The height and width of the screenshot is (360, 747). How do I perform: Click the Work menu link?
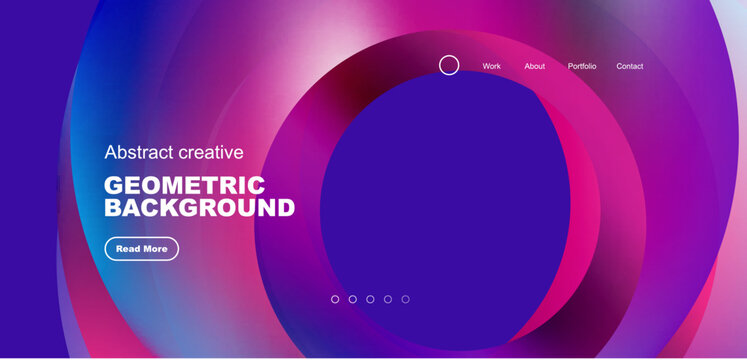tap(491, 66)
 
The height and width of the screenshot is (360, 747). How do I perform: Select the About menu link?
tap(535, 66)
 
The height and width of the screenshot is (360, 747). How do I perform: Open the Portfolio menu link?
tap(582, 66)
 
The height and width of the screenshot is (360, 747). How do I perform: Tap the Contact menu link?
tap(630, 66)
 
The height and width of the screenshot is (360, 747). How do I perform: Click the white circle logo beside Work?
tap(450, 65)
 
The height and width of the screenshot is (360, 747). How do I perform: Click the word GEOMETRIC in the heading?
tap(185, 186)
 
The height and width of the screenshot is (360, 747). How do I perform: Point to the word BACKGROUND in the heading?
tap(200, 208)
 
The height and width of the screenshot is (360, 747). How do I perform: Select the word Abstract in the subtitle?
tap(139, 152)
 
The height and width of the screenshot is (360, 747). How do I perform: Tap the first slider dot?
tap(335, 299)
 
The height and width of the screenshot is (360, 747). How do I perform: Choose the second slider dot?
tap(353, 299)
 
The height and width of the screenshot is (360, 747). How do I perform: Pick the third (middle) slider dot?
tap(370, 299)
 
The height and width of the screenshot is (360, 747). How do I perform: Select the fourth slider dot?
tap(388, 299)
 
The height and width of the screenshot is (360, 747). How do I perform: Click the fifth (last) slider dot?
tap(405, 299)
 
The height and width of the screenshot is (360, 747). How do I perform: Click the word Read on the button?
tap(128, 249)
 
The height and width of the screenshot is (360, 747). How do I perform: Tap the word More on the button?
tap(155, 249)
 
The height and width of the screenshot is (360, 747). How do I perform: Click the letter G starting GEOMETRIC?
tap(114, 186)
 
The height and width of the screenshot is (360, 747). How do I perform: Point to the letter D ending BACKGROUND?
tap(284, 208)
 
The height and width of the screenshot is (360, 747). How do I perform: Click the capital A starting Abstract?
tap(111, 152)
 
